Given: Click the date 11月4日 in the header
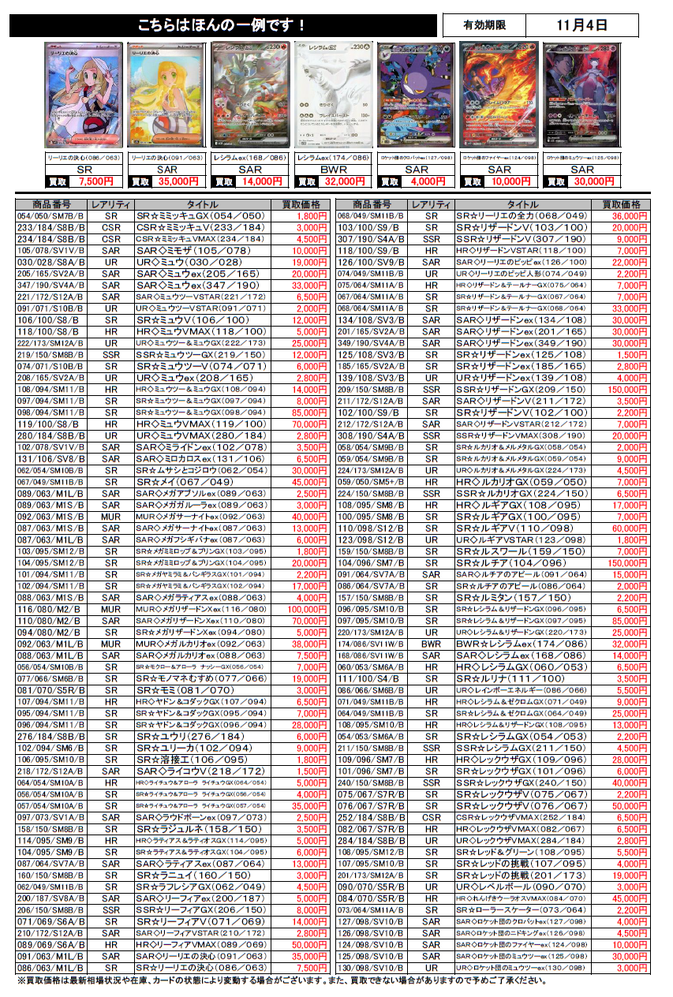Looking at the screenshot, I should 582,25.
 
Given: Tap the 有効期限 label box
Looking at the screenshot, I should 484,25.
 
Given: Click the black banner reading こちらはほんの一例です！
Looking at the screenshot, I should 222,26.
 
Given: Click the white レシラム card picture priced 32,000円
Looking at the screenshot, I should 333,94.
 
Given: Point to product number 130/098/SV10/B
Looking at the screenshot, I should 366,968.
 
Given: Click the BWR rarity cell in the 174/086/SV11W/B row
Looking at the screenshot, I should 431,644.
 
